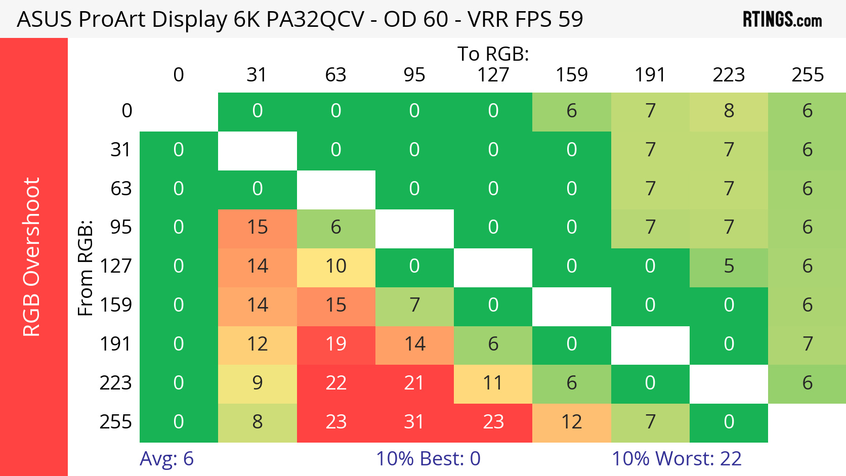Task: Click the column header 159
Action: pos(572,75)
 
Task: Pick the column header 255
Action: pos(808,75)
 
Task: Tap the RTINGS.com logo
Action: pos(782,20)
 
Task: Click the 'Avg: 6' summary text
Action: pos(166,459)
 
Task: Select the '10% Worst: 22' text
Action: pos(676,459)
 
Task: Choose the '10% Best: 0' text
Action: pos(428,459)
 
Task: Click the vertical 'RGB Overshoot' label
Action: pos(31,256)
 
